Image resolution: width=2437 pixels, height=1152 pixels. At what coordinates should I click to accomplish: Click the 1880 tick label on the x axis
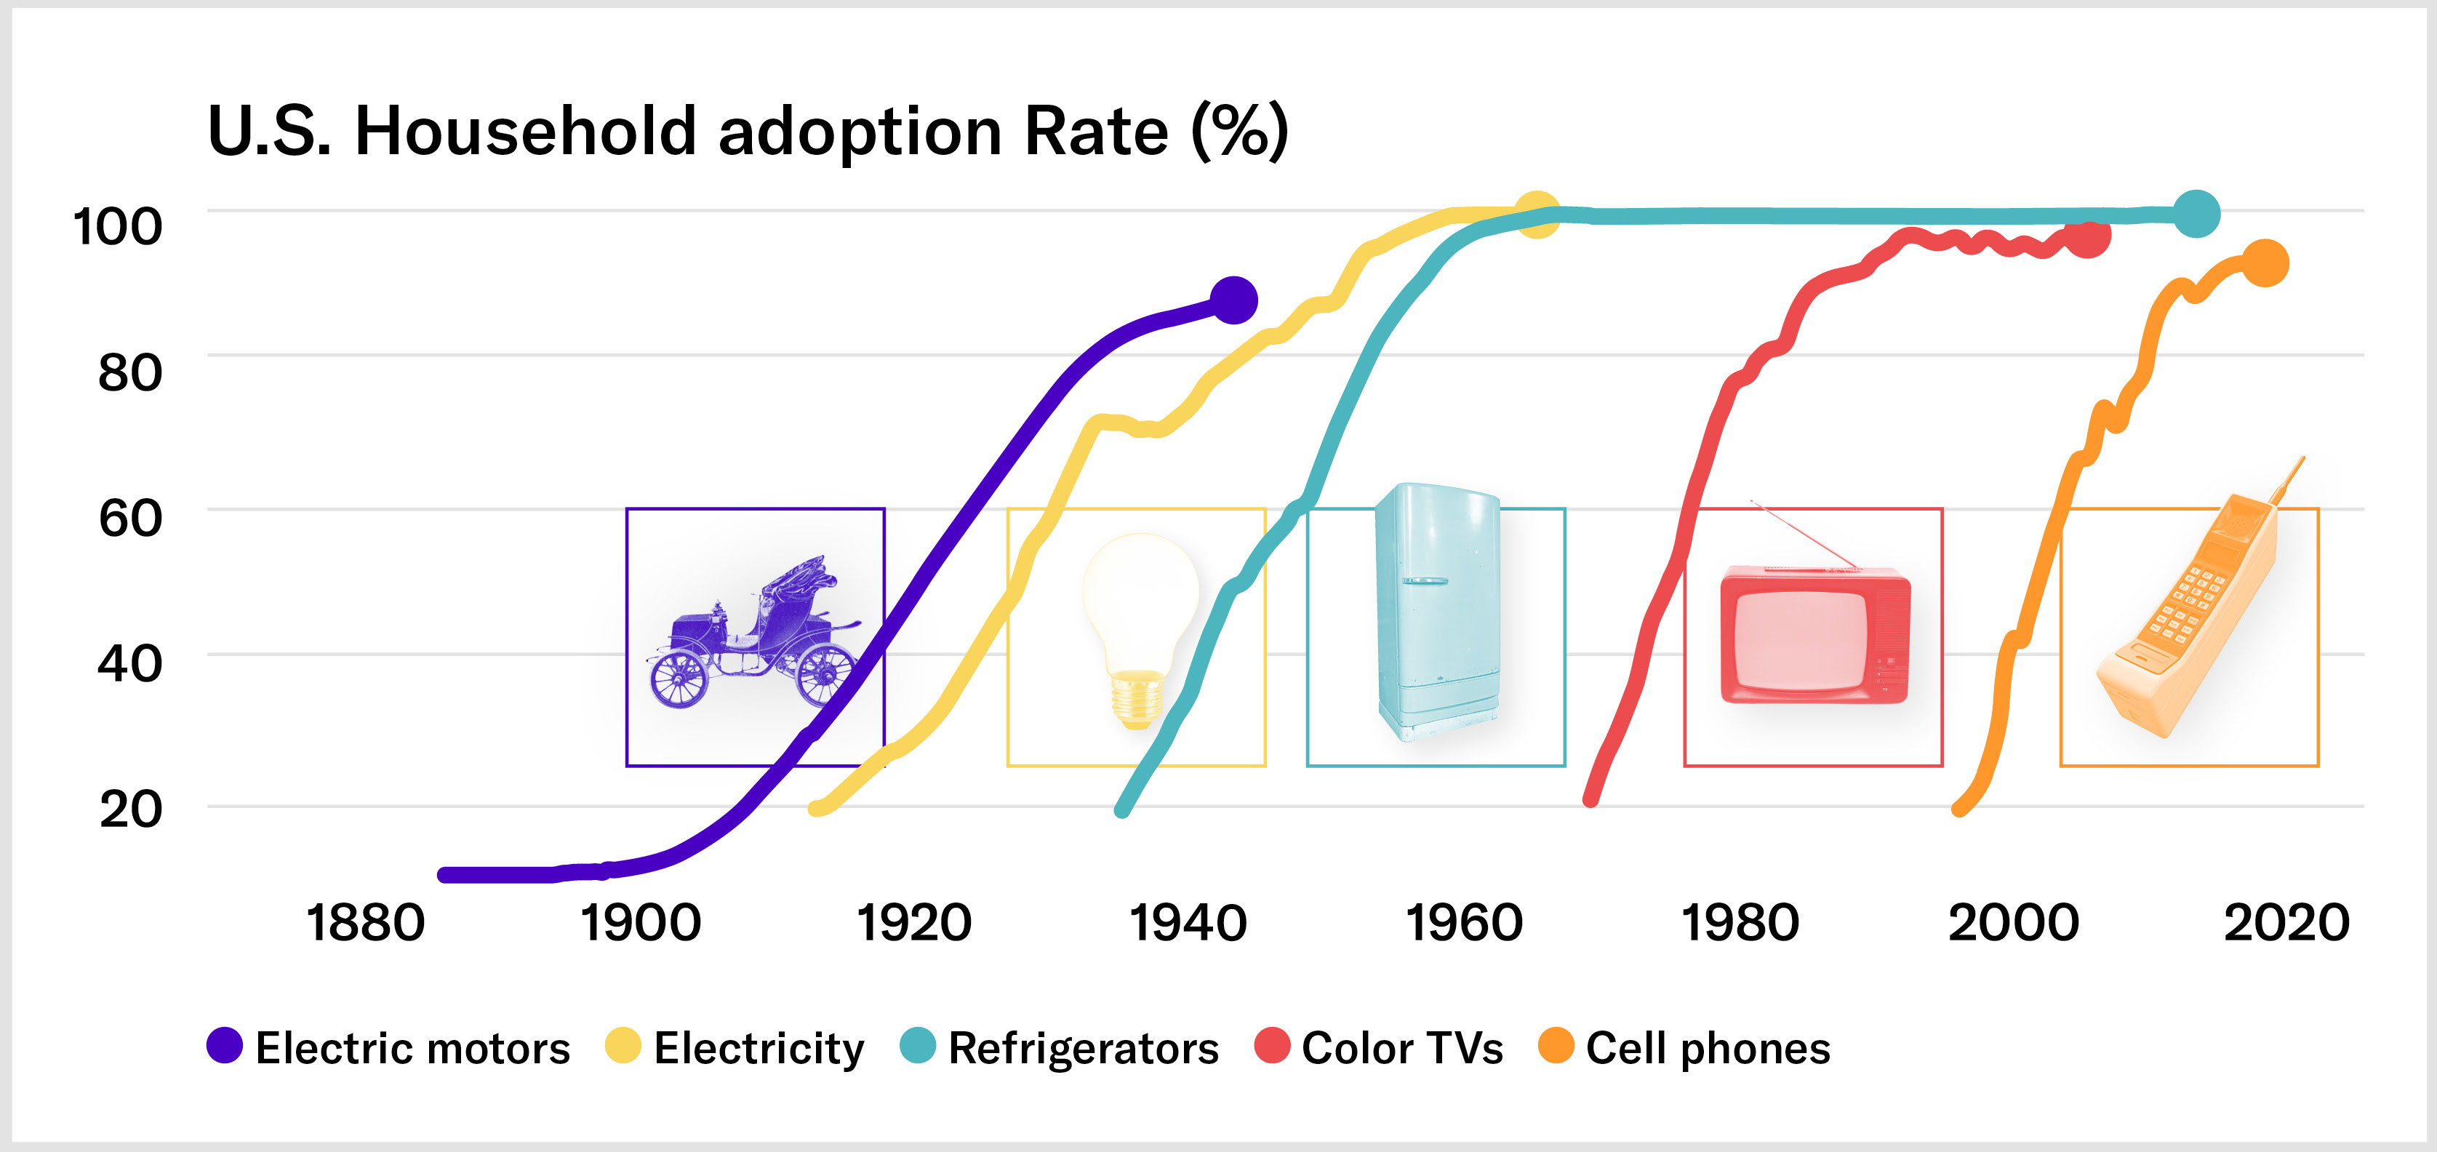tap(365, 922)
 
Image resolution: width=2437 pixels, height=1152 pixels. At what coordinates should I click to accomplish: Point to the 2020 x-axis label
tap(2286, 922)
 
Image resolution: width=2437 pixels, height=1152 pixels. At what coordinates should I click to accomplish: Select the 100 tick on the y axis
tap(117, 227)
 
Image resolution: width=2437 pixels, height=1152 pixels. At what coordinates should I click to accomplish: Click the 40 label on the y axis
tap(129, 663)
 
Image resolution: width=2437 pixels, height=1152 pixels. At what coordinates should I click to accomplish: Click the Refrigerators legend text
tap(1083, 1048)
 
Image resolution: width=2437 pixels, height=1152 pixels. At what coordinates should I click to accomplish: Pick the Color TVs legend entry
tap(1401, 1048)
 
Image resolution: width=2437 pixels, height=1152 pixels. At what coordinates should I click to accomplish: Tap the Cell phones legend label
tap(1708, 1048)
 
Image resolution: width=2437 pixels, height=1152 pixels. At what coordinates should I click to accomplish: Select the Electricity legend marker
tap(623, 1045)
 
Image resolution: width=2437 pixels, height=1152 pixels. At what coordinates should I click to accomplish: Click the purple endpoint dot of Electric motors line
tap(1233, 301)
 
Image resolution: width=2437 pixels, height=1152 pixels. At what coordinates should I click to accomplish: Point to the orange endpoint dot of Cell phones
tap(2265, 263)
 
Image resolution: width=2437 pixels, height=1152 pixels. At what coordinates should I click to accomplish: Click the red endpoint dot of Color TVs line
tap(2087, 236)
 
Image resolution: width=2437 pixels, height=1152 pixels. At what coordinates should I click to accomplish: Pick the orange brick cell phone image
tap(2195, 615)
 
